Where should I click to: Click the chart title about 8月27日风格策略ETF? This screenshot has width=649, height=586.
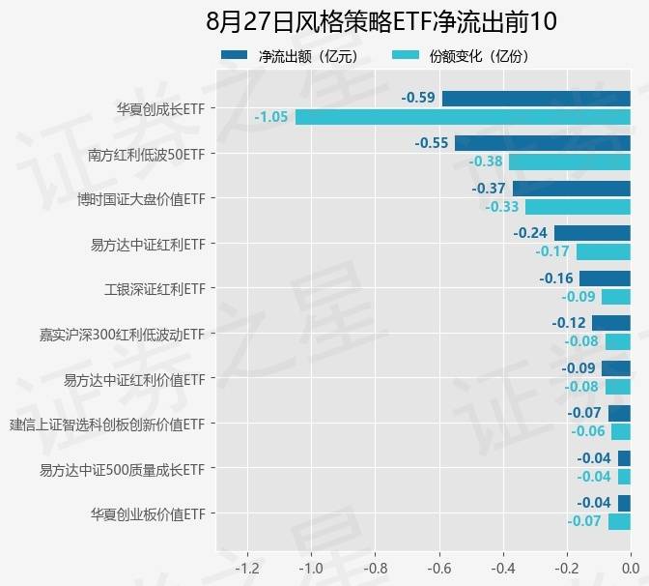[x=381, y=21]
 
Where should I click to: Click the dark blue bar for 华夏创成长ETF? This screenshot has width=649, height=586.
[x=536, y=98]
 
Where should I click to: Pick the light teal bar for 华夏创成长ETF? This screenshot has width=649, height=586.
[x=463, y=117]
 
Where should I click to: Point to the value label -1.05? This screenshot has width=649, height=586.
[x=271, y=117]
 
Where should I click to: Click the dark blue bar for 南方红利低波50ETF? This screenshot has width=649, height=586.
[x=543, y=143]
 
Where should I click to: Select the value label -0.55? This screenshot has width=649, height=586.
[x=432, y=143]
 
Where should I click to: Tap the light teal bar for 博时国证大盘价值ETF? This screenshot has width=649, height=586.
[x=578, y=207]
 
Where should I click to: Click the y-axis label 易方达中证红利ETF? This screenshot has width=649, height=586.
[x=147, y=244]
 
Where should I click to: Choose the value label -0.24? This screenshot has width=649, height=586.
[x=530, y=233]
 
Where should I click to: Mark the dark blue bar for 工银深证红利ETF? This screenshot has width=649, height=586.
[x=605, y=278]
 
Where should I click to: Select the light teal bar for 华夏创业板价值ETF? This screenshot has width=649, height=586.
[x=619, y=522]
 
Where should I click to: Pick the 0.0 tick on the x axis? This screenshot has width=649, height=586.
[x=630, y=567]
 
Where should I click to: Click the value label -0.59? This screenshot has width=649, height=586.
[x=418, y=98]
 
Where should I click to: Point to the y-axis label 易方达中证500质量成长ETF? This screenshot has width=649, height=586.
[x=122, y=469]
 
